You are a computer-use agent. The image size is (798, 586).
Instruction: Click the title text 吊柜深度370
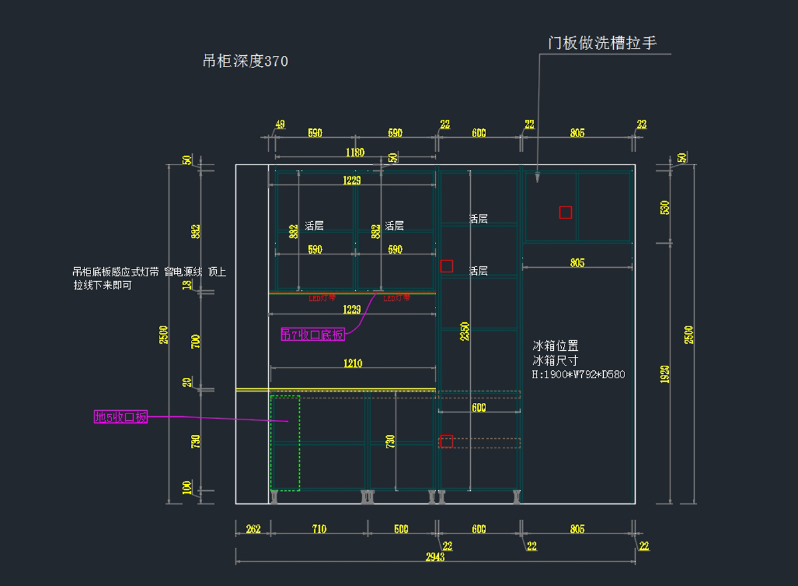click(245, 62)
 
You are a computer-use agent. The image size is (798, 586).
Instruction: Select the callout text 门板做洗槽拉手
click(602, 43)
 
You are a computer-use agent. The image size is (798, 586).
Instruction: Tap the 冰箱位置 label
click(555, 346)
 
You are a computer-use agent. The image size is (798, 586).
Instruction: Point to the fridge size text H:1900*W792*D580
click(579, 375)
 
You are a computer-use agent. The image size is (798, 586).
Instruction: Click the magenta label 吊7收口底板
click(313, 335)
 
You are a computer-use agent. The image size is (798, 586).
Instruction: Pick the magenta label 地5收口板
click(120, 418)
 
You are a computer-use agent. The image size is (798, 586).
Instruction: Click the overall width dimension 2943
click(435, 557)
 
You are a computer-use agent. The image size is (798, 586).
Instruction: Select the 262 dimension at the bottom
click(253, 529)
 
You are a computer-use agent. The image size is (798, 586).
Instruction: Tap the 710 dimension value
click(319, 529)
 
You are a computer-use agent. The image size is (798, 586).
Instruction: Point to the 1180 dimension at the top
click(354, 152)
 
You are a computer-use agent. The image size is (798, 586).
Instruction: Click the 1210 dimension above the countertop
click(352, 364)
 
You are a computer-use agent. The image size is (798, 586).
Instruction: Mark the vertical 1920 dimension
click(665, 375)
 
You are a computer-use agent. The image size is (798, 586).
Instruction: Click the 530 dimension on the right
click(665, 208)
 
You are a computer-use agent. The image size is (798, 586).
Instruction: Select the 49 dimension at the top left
click(280, 125)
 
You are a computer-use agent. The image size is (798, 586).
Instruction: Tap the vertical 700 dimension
click(196, 341)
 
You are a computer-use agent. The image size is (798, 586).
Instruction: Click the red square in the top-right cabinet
click(565, 212)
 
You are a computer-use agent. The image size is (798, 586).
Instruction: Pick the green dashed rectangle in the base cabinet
click(285, 443)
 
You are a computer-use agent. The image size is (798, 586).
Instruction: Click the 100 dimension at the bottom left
click(187, 487)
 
